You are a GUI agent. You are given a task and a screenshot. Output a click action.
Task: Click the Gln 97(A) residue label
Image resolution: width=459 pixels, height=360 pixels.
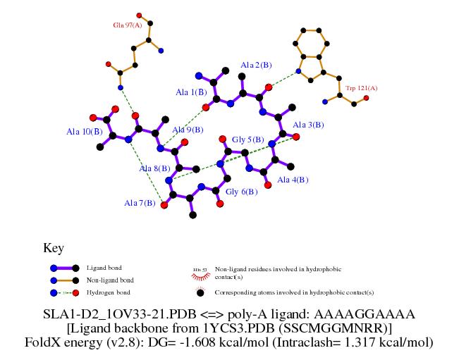coord(128,25)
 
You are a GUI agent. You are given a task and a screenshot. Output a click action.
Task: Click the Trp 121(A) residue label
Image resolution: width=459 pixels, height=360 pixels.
coord(361,88)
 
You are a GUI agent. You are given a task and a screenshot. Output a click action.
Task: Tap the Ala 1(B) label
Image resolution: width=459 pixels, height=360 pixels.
coord(191,92)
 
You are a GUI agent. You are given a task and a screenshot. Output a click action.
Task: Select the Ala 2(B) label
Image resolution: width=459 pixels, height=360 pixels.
coord(256,65)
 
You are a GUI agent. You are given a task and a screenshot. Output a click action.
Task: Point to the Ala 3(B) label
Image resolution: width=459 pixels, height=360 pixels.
coord(308,125)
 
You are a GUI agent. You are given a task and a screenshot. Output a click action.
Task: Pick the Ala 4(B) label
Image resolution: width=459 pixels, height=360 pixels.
coord(293,180)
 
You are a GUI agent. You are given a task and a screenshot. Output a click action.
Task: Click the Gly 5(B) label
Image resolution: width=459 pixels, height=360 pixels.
coord(248,139)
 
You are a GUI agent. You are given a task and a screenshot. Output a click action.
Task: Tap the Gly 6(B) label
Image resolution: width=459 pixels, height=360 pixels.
coord(241,192)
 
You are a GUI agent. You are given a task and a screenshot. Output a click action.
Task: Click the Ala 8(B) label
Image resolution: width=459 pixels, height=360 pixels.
coord(154,168)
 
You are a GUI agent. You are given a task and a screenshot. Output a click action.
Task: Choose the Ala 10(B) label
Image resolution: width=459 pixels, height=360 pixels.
coord(85,131)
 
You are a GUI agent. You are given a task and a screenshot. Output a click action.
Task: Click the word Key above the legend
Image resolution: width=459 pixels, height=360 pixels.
coord(54,248)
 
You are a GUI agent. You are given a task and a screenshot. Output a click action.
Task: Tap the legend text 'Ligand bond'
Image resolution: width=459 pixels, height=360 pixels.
coord(103,268)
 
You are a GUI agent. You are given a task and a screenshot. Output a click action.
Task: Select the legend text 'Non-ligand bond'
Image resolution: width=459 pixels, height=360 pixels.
coord(109,280)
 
